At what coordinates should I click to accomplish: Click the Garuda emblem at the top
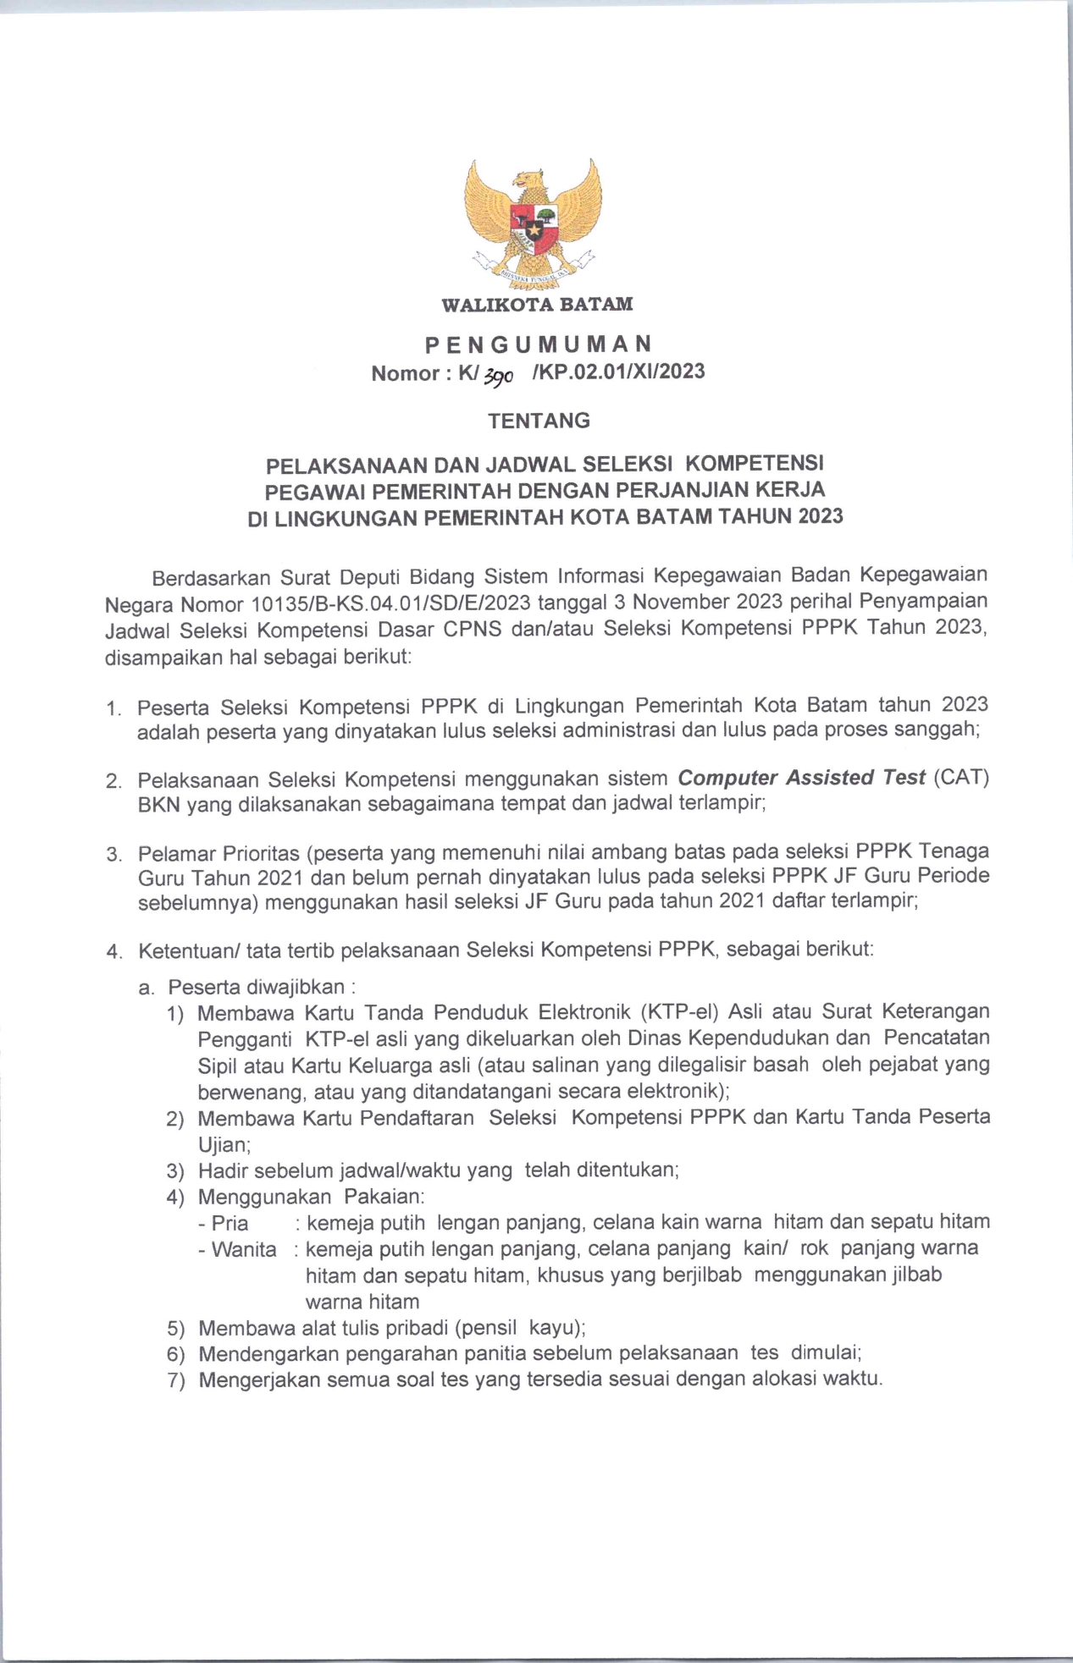(x=536, y=224)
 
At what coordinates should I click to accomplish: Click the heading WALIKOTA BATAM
(x=537, y=304)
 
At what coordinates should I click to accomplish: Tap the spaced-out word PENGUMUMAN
(x=538, y=344)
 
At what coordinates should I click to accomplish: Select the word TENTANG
(x=539, y=421)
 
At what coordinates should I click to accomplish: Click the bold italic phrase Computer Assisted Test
(x=802, y=777)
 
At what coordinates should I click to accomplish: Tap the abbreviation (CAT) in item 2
(x=961, y=777)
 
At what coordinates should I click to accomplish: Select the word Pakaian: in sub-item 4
(x=384, y=1197)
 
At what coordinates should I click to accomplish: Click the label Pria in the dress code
(x=230, y=1223)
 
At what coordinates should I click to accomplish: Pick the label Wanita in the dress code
(x=244, y=1249)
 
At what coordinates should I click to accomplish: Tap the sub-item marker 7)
(x=175, y=1380)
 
